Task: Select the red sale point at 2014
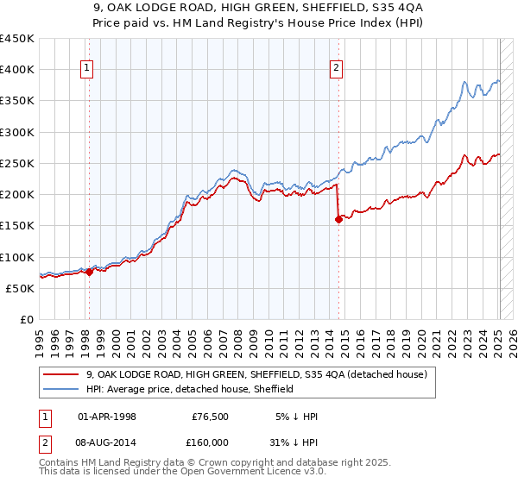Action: pyautogui.click(x=338, y=219)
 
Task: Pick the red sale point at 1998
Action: pyautogui.click(x=89, y=272)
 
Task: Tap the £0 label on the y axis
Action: pyautogui.click(x=27, y=319)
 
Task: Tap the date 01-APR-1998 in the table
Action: pyautogui.click(x=107, y=417)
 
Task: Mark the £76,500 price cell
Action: pyautogui.click(x=210, y=417)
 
